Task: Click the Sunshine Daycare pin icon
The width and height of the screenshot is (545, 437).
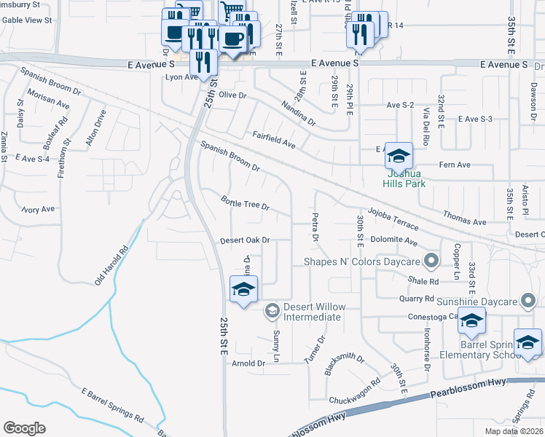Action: pos(529,301)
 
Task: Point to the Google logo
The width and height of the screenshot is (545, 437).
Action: pos(25,428)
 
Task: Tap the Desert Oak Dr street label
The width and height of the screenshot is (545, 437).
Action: pos(246,240)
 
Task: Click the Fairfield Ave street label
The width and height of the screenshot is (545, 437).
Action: pos(273,139)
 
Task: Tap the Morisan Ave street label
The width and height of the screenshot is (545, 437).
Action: pos(48,100)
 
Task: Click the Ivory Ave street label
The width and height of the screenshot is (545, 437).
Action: pos(38,210)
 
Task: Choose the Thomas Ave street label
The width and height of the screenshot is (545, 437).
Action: pos(464,218)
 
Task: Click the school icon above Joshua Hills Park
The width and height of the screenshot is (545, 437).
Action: pos(399,156)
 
